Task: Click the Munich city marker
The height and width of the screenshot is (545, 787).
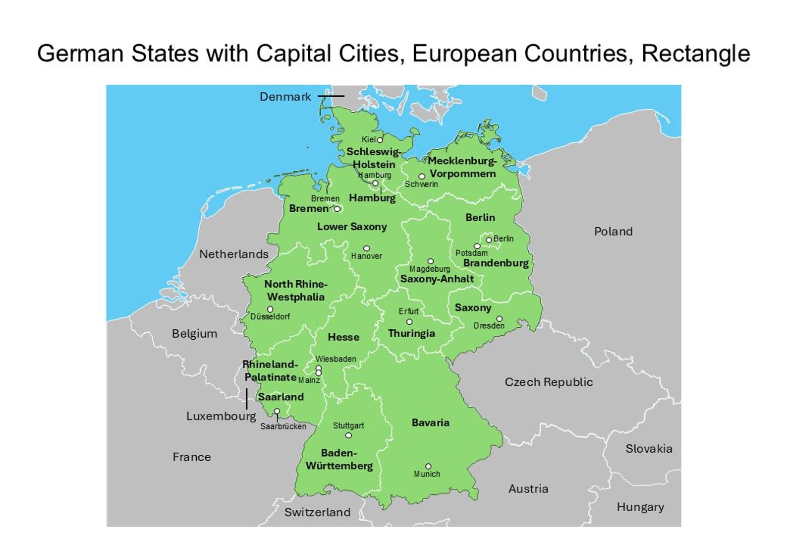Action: pos(428,466)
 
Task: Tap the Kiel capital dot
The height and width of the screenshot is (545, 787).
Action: pos(380,140)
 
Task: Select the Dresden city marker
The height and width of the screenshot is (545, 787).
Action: pos(499,319)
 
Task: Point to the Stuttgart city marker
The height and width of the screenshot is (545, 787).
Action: pos(348,435)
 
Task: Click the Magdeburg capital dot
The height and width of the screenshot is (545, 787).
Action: pos(431,261)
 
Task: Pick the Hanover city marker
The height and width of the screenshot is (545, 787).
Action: pos(367,248)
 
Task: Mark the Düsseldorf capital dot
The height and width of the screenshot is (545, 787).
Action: pos(270,309)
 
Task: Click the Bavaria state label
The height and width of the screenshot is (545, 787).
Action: pos(430,423)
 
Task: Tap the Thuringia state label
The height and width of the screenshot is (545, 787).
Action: pos(411,333)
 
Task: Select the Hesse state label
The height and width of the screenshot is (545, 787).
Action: pos(343,337)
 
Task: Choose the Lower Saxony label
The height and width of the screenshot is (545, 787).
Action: pos(352,227)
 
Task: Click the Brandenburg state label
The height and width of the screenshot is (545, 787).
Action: pos(496,263)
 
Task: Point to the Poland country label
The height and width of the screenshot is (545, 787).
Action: pos(613,232)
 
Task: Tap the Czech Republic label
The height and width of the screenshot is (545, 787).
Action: pos(549,382)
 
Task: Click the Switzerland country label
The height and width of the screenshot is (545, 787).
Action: pos(317,512)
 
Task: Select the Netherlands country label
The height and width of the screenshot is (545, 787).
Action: pos(233,254)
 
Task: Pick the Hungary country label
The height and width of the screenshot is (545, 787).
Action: pos(640,507)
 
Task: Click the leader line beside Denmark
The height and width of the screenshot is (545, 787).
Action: pos(331,96)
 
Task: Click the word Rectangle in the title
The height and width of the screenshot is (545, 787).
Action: pos(695,54)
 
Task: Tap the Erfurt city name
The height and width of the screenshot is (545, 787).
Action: pos(408,311)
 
